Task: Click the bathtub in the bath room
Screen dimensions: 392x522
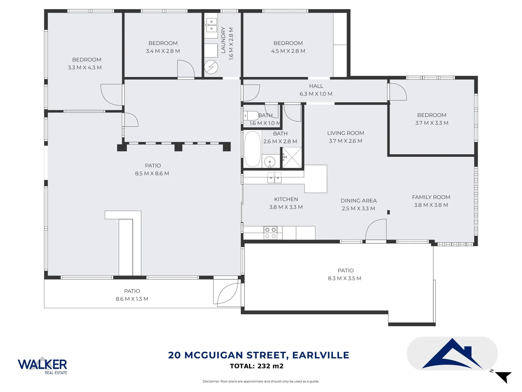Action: [x=252, y=149]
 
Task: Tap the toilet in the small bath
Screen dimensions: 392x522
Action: [x=250, y=116]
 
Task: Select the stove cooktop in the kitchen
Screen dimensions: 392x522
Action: [x=270, y=233]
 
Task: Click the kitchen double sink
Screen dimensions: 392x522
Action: [x=274, y=178]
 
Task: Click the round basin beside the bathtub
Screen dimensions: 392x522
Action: [x=269, y=161]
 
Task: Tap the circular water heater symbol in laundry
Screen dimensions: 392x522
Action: [x=211, y=67]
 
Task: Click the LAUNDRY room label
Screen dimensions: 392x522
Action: [x=223, y=40]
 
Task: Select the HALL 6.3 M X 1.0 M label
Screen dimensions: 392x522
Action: [x=316, y=90]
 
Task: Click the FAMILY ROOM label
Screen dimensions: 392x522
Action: [x=431, y=197]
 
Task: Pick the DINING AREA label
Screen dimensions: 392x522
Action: [x=358, y=201]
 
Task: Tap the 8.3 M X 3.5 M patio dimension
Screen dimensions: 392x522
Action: [x=344, y=278]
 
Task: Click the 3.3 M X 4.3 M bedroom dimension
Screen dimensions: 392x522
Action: [x=85, y=68]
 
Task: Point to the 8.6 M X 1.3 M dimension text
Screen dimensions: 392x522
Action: [x=132, y=299]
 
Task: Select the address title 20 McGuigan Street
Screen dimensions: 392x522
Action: [x=258, y=355]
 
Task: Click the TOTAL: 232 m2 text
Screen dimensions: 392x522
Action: [x=257, y=366]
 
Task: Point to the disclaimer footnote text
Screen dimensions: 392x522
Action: [x=261, y=381]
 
